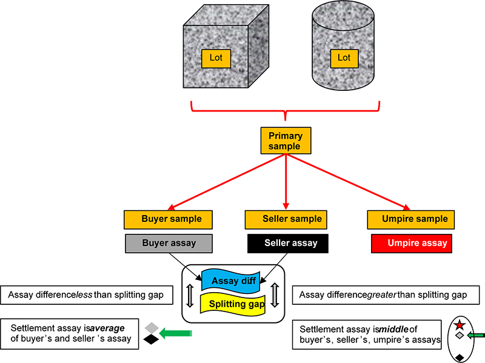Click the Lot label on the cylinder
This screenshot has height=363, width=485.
344,58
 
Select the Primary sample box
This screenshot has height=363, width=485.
285,141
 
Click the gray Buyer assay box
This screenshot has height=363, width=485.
169,243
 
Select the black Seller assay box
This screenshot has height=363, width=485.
288,243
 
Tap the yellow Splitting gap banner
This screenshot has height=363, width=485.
236,304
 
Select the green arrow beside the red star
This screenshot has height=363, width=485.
476,334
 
